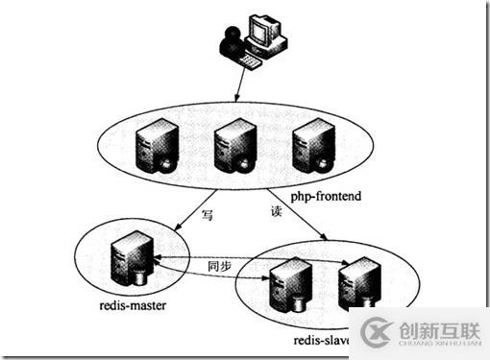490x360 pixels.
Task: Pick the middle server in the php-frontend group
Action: point(232,143)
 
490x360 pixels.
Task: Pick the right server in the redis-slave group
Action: point(355,283)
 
